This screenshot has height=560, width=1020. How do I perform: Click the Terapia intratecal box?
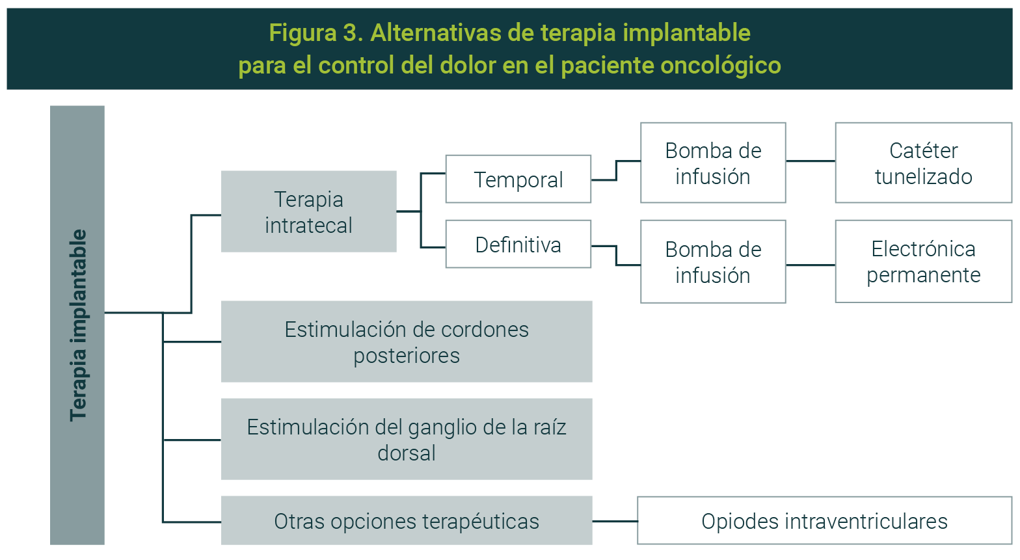(x=308, y=211)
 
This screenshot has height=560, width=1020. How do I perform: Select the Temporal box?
(x=518, y=179)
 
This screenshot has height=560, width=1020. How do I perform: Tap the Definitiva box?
(x=518, y=244)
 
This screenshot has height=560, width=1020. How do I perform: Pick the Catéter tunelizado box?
(x=923, y=163)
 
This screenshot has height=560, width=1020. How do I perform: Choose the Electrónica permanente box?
(x=923, y=261)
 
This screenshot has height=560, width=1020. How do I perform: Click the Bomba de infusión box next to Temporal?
(x=713, y=163)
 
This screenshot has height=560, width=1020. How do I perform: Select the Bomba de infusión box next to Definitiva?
(x=713, y=261)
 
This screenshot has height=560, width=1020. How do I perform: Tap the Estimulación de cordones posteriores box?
(x=407, y=341)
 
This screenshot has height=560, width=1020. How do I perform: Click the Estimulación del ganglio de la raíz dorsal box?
(x=407, y=439)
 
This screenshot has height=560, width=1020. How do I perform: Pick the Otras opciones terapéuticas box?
(x=407, y=520)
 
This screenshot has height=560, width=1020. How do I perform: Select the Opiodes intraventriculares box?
(x=824, y=520)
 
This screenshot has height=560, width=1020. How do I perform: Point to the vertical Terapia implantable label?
(x=77, y=325)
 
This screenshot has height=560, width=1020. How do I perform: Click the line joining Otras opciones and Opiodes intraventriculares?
(x=615, y=521)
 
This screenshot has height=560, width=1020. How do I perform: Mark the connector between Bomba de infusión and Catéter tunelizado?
(x=811, y=161)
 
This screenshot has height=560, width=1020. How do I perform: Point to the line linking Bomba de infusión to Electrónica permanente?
(x=811, y=265)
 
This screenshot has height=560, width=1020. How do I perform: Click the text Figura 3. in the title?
(x=315, y=33)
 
